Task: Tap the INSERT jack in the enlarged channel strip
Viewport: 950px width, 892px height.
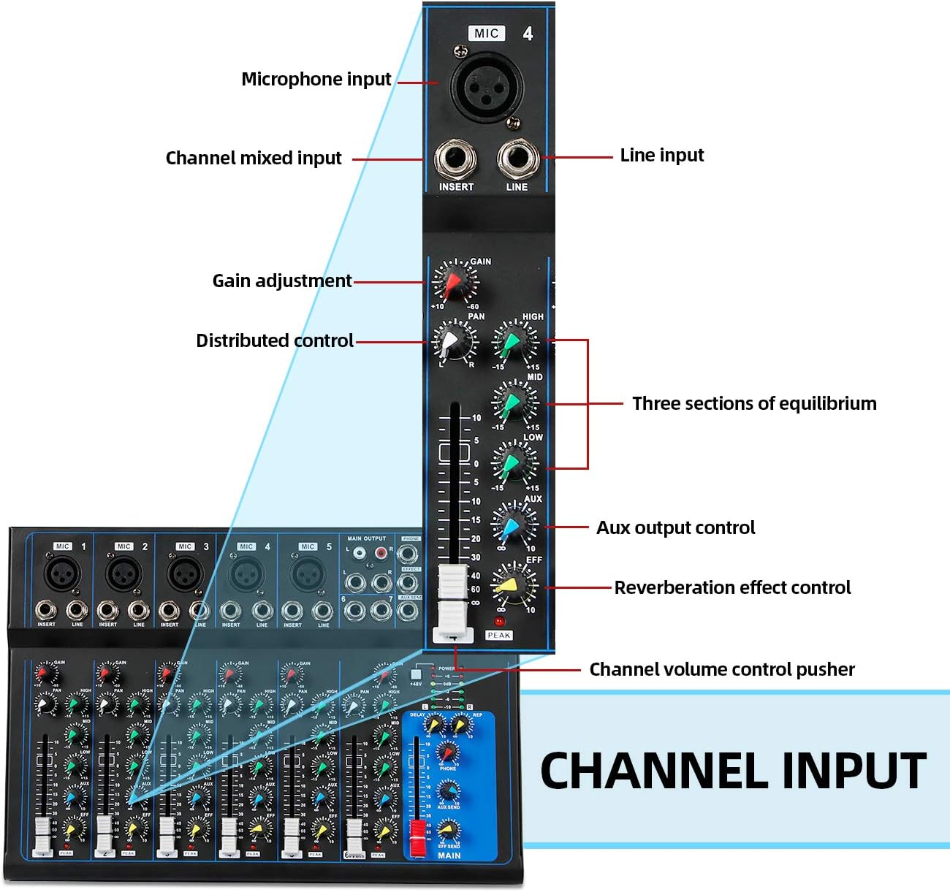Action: [455, 159]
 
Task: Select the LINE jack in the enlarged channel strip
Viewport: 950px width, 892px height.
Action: [517, 159]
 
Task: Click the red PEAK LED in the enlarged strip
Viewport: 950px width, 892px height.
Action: [499, 621]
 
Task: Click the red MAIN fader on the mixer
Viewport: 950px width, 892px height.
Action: [417, 837]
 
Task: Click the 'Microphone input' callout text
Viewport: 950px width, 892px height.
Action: [316, 79]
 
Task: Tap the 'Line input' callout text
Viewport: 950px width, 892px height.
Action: [661, 156]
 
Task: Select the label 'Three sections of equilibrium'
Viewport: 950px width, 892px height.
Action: [753, 403]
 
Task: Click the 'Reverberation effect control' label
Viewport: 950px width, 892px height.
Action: [732, 587]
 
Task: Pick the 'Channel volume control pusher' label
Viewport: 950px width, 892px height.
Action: [721, 669]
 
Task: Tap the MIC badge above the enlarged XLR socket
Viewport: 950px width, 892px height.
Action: [486, 33]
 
